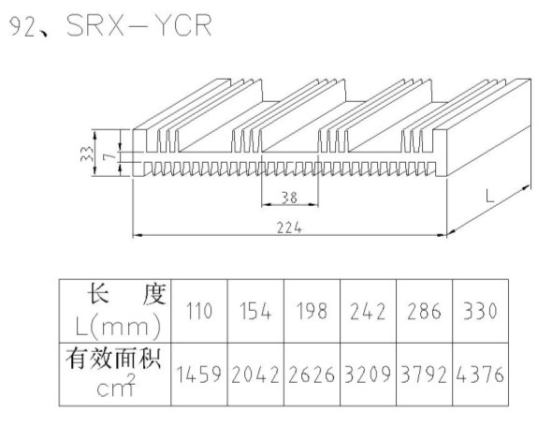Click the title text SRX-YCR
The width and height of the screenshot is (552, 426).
point(139,25)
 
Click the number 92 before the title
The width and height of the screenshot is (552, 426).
point(22,26)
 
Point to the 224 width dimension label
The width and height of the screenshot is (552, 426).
point(289,228)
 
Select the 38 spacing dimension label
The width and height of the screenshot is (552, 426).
point(289,198)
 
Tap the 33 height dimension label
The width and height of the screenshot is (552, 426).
point(87,154)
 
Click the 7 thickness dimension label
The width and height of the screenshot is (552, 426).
point(109,156)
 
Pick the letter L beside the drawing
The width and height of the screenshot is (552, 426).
point(489,196)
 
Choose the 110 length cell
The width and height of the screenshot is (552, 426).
point(199,311)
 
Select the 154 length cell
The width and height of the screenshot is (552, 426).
point(255,311)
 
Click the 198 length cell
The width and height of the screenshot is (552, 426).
point(312,311)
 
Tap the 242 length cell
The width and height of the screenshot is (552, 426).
point(368,312)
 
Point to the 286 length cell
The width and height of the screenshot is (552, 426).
point(424,312)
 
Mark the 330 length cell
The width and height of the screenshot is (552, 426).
point(480,311)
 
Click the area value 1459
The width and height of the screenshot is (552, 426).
point(199,375)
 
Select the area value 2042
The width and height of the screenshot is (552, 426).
point(255,375)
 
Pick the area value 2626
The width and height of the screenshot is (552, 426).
point(312,375)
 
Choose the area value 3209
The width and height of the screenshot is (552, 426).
point(368,375)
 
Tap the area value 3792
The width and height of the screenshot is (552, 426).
point(424,375)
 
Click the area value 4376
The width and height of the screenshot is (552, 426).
point(480,375)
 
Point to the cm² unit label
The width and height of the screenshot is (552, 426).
point(116,386)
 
